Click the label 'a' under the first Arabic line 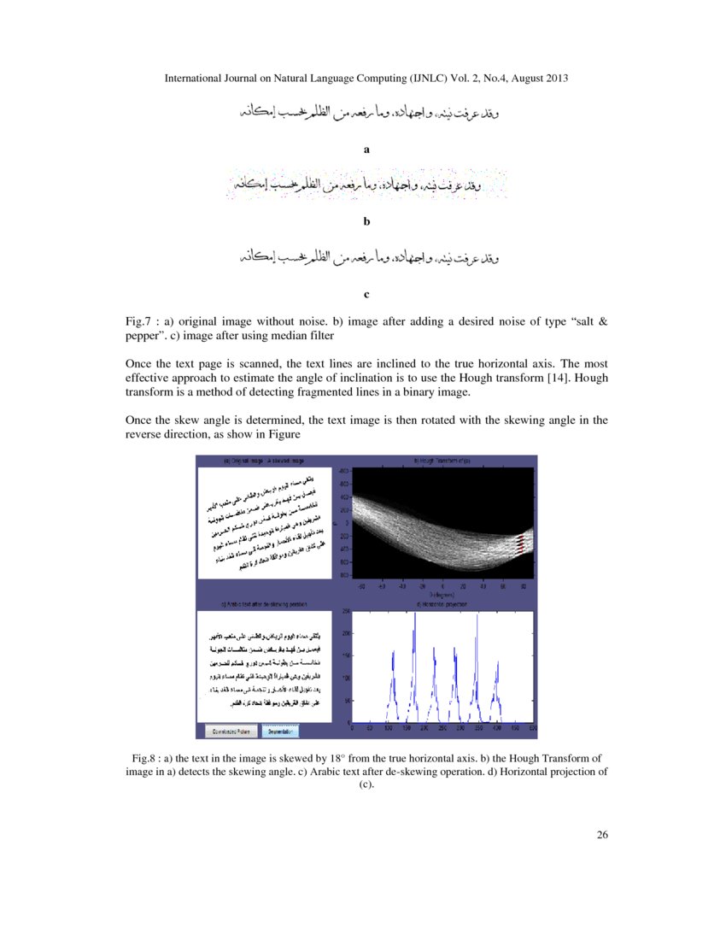[366, 149]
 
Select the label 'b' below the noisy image [366, 221]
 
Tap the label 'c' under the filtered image [366, 295]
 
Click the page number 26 [602, 835]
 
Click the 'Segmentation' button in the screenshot [278, 731]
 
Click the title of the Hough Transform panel [442, 461]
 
